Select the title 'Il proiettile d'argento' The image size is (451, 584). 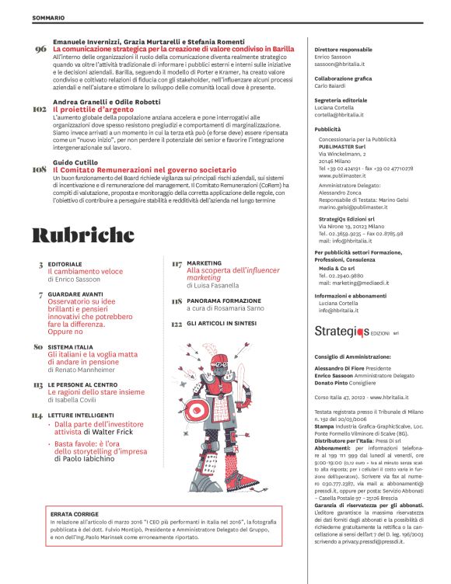(92, 110)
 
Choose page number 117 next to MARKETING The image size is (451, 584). (176, 264)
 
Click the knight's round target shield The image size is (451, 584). (220, 411)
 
